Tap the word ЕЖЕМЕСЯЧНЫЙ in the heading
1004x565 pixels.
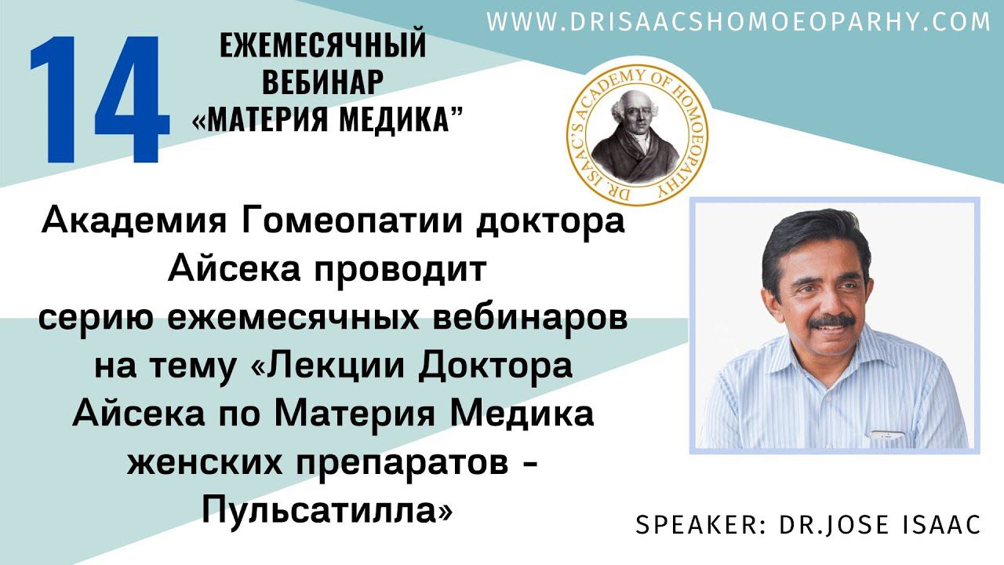tap(322, 46)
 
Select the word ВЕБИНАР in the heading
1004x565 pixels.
tap(322, 82)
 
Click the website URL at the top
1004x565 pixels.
tap(738, 22)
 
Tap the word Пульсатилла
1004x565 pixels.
tap(327, 512)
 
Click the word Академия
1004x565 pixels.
tap(130, 222)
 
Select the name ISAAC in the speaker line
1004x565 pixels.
tap(936, 525)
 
